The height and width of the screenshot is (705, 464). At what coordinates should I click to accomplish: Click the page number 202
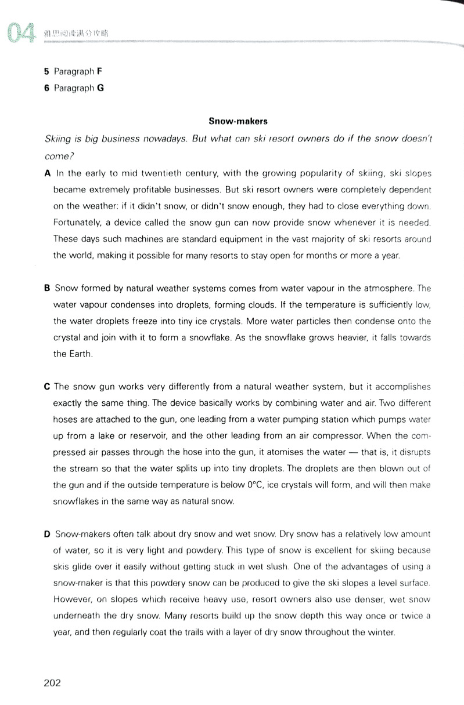click(52, 682)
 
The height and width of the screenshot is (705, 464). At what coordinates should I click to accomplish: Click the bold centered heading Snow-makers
click(238, 122)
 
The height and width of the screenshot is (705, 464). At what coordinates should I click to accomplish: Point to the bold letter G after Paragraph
click(100, 88)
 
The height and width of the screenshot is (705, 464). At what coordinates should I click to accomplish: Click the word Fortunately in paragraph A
click(77, 222)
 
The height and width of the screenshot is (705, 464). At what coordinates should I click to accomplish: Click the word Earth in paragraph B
click(81, 353)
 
